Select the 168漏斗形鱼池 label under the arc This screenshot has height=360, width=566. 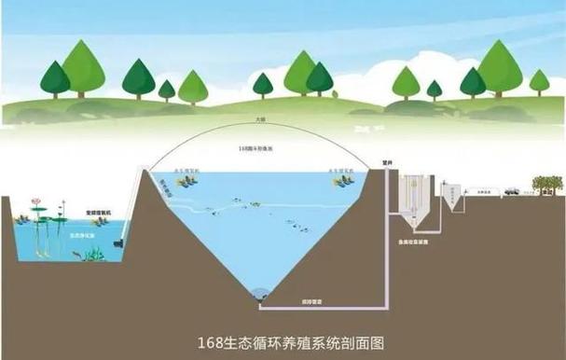260,148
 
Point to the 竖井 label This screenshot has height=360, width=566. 374,159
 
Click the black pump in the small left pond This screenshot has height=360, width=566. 116,244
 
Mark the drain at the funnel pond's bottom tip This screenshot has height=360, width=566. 262,294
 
